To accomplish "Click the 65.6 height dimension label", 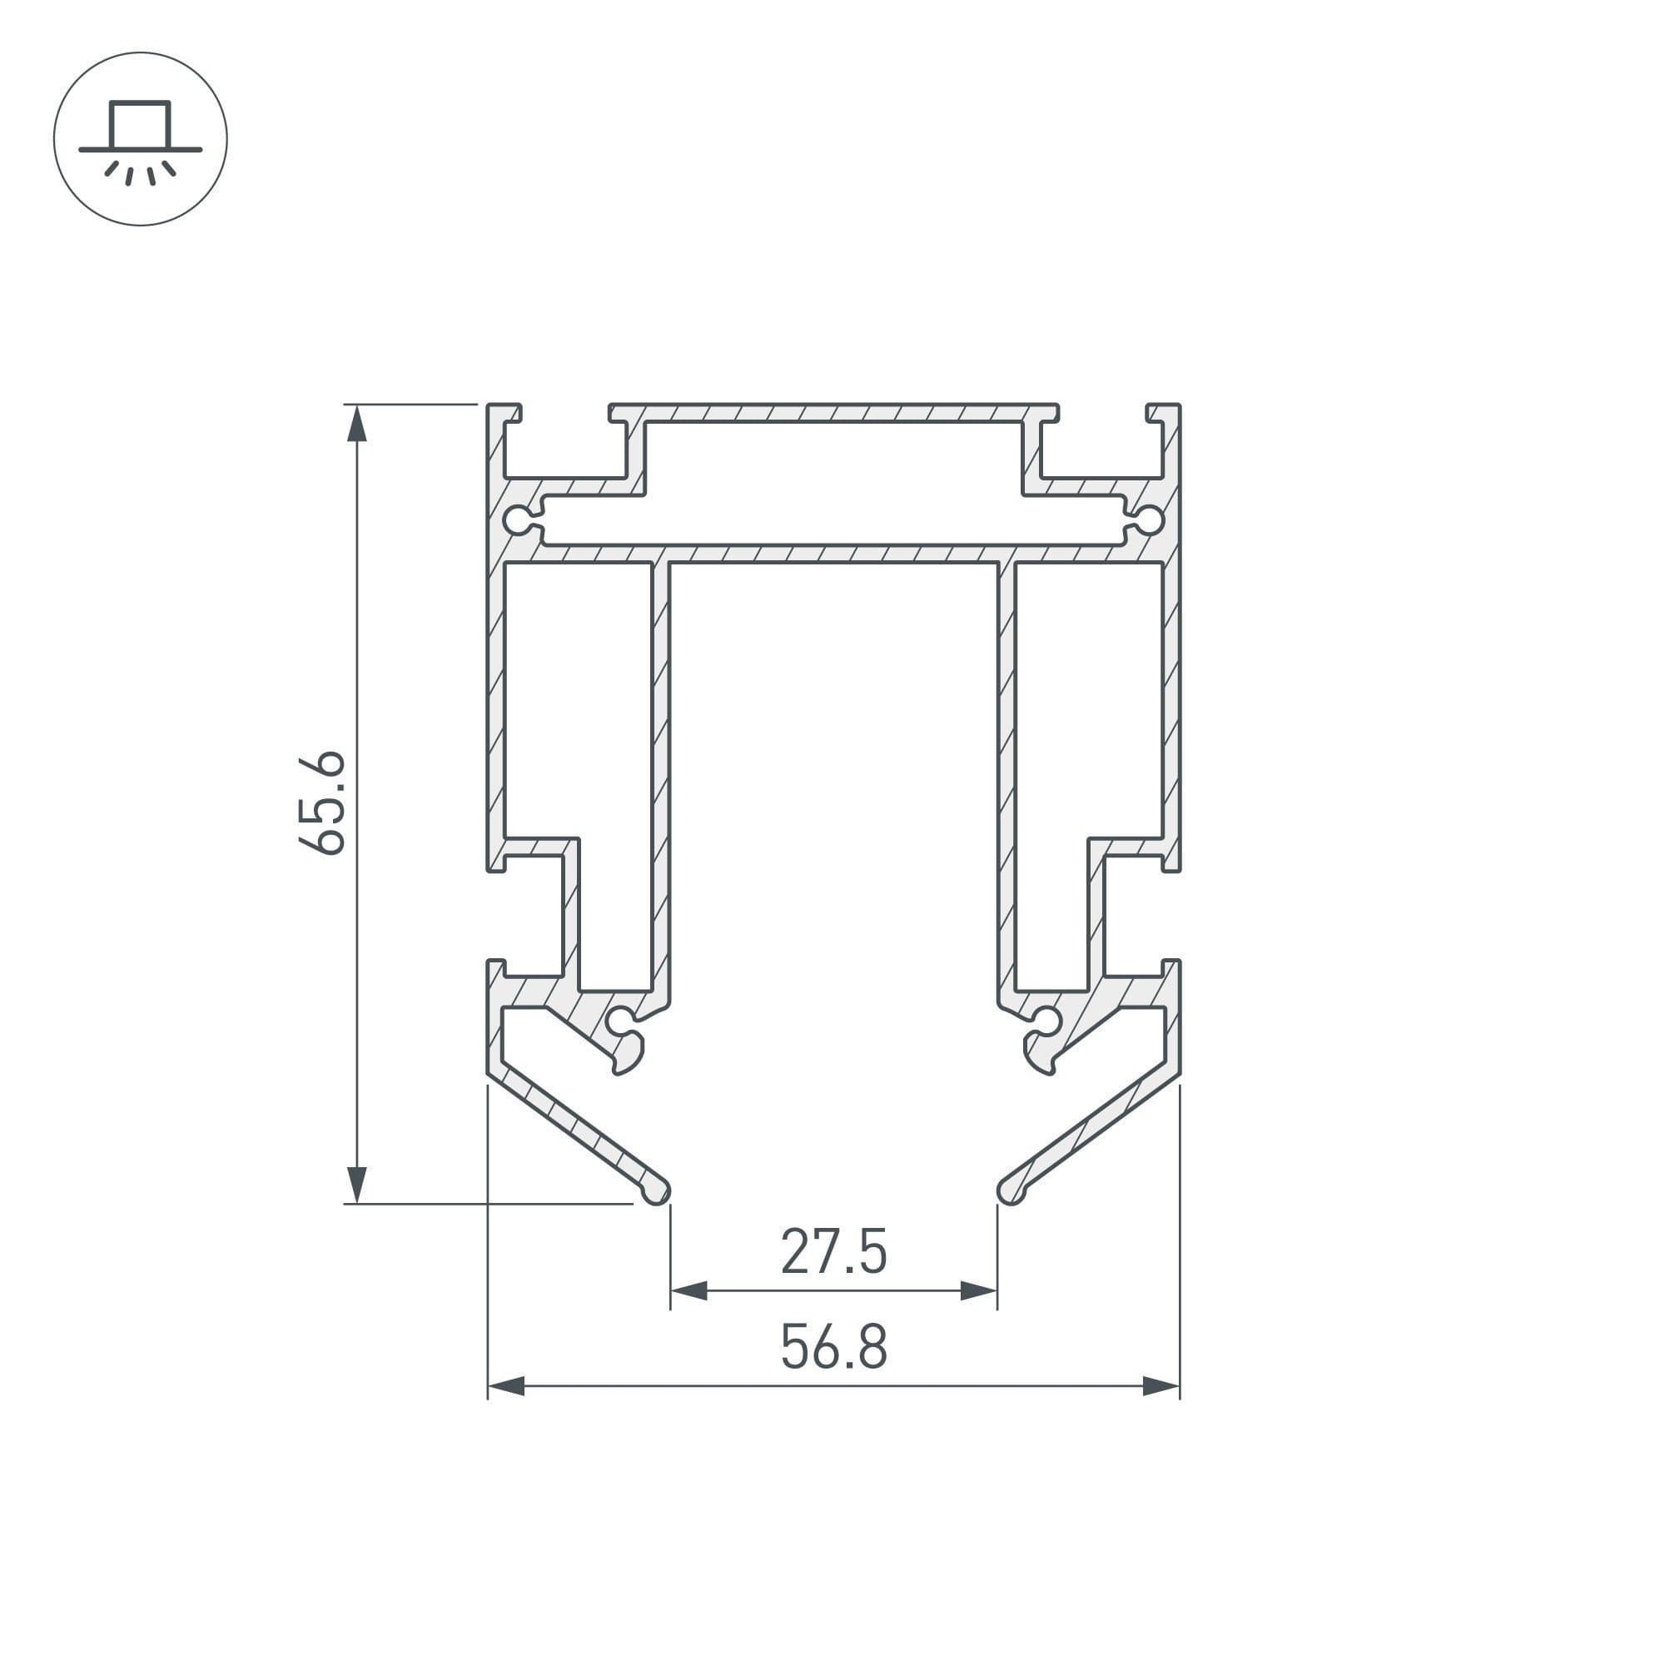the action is pyautogui.click(x=321, y=803).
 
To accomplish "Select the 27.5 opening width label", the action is pyautogui.click(x=833, y=1252).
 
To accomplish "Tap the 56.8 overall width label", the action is pyautogui.click(x=833, y=1347).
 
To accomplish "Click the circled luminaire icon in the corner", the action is pyautogui.click(x=141, y=139).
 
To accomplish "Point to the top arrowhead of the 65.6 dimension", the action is pyautogui.click(x=357, y=423).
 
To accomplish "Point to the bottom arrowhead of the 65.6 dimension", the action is pyautogui.click(x=357, y=1184).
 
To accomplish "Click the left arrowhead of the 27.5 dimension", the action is pyautogui.click(x=688, y=1291).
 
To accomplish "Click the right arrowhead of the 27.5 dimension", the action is pyautogui.click(x=979, y=1291).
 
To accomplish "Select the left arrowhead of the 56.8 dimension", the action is pyautogui.click(x=506, y=1386).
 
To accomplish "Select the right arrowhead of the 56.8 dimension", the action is pyautogui.click(x=1161, y=1386).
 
